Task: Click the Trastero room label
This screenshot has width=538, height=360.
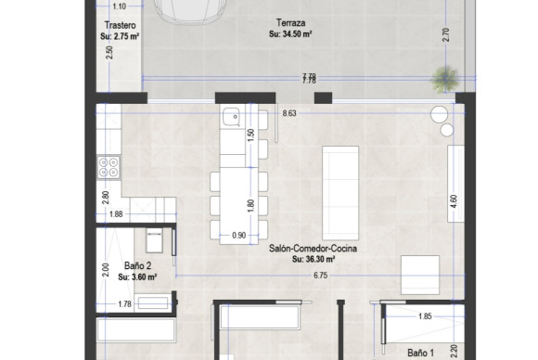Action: [121, 26]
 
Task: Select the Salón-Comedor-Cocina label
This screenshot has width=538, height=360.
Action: [314, 249]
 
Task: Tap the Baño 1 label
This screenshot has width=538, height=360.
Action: [421, 353]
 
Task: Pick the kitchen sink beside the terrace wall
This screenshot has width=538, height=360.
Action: [231, 117]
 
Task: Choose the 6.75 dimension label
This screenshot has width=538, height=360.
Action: [320, 275]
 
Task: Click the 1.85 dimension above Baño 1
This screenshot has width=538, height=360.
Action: [425, 317]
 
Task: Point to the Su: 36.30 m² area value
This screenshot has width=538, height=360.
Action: [314, 260]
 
